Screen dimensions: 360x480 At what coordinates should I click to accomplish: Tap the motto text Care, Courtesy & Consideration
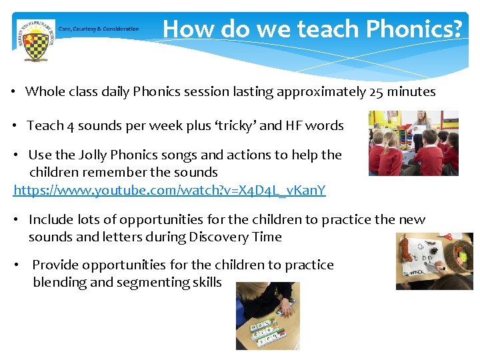click(x=99, y=29)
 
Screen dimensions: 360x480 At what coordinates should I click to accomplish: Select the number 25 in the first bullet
click(x=375, y=92)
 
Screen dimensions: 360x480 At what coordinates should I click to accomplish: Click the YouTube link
click(x=169, y=191)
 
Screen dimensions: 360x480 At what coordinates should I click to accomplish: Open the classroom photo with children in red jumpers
click(x=413, y=143)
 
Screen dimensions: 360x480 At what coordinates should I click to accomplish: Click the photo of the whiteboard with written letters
click(x=434, y=261)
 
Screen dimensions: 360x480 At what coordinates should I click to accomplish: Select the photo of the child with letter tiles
click(x=267, y=315)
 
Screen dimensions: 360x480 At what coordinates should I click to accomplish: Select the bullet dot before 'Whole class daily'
click(x=13, y=92)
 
